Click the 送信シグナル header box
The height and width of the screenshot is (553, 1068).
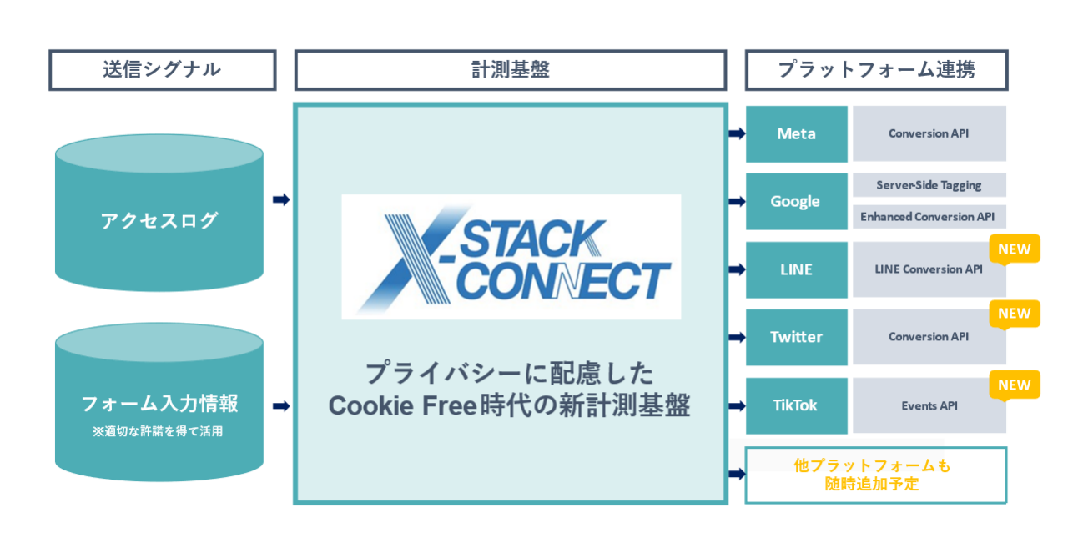162,70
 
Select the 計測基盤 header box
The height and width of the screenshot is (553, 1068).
510,70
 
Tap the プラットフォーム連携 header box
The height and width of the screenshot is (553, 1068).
876,70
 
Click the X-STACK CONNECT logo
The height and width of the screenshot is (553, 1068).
511,257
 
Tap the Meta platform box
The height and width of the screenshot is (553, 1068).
796,133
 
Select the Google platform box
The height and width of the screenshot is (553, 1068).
796,201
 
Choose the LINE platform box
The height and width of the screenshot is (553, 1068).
796,269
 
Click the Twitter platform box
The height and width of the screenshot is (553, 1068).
796,337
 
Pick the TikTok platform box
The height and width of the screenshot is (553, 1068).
796,405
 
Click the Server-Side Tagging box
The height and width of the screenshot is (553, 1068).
929,185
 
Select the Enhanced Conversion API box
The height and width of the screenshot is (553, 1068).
929,217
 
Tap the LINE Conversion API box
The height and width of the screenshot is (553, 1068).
928,269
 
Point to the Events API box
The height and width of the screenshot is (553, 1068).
928,405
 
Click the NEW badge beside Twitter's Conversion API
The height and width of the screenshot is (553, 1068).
1014,314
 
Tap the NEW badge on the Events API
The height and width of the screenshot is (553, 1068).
1014,385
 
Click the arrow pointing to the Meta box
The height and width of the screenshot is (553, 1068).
737,133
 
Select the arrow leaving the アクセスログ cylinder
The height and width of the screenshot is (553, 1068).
281,199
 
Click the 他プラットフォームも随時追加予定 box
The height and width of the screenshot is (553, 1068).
875,475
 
